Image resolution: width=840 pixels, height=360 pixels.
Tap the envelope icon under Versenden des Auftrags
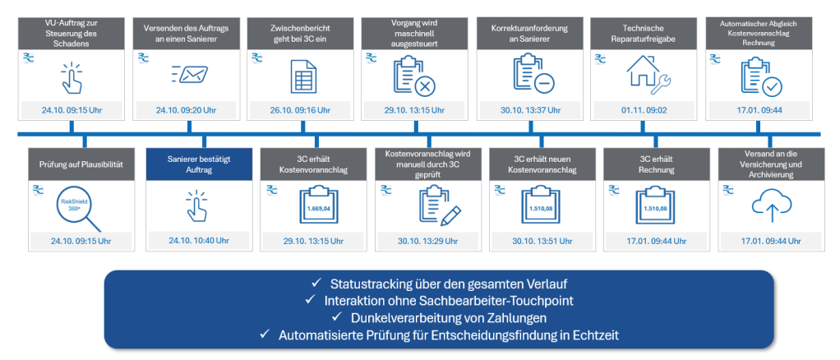[x=190, y=74]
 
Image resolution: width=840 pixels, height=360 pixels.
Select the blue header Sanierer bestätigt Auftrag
[x=199, y=164]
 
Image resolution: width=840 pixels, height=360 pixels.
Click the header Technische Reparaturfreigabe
[x=643, y=32]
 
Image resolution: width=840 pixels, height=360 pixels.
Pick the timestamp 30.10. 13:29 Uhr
[x=427, y=242]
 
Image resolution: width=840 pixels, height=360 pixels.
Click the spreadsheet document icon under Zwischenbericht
[x=303, y=76]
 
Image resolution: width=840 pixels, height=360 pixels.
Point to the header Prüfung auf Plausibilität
[x=82, y=164]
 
